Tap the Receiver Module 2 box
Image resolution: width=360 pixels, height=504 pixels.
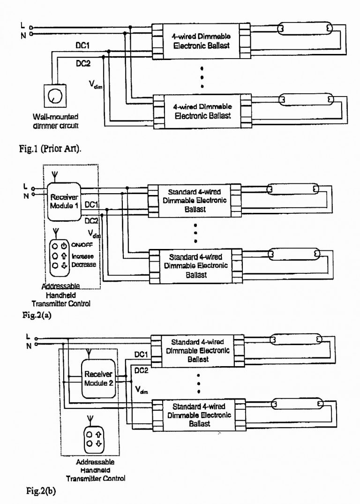click(98, 378)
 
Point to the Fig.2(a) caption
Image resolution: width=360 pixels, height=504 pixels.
click(36, 315)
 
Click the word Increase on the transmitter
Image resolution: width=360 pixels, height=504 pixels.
click(82, 256)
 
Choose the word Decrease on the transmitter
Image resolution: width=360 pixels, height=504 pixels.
click(83, 265)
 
